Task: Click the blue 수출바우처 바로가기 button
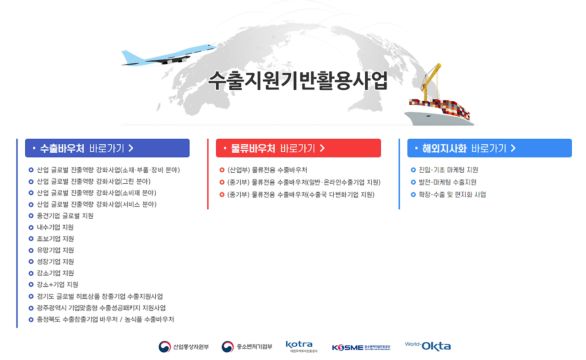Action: pyautogui.click(x=107, y=148)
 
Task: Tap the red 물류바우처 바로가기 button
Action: pyautogui.click(x=298, y=148)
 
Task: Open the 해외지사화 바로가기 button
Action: pyautogui.click(x=489, y=148)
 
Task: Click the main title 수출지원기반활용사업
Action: pyautogui.click(x=298, y=81)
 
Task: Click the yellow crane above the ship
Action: pyautogui.click(x=431, y=81)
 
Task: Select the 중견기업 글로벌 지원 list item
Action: pyautogui.click(x=65, y=216)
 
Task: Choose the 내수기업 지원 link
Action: pyautogui.click(x=55, y=227)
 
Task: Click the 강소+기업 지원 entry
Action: pyautogui.click(x=57, y=284)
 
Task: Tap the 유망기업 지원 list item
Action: pyautogui.click(x=55, y=251)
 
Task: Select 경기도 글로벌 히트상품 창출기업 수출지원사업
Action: pyautogui.click(x=100, y=296)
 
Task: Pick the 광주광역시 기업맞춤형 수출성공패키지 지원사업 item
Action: pyautogui.click(x=101, y=308)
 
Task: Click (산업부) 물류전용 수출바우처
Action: pyautogui.click(x=267, y=170)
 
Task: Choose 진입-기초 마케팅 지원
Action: pyautogui.click(x=448, y=170)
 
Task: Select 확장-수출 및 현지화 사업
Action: pyautogui.click(x=452, y=195)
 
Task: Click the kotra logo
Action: pyautogui.click(x=301, y=347)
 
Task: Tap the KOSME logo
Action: pyautogui.click(x=361, y=348)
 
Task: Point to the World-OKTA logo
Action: pyautogui.click(x=428, y=346)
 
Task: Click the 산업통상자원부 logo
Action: pyautogui.click(x=184, y=347)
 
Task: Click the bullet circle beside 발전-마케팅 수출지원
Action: pyautogui.click(x=413, y=182)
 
